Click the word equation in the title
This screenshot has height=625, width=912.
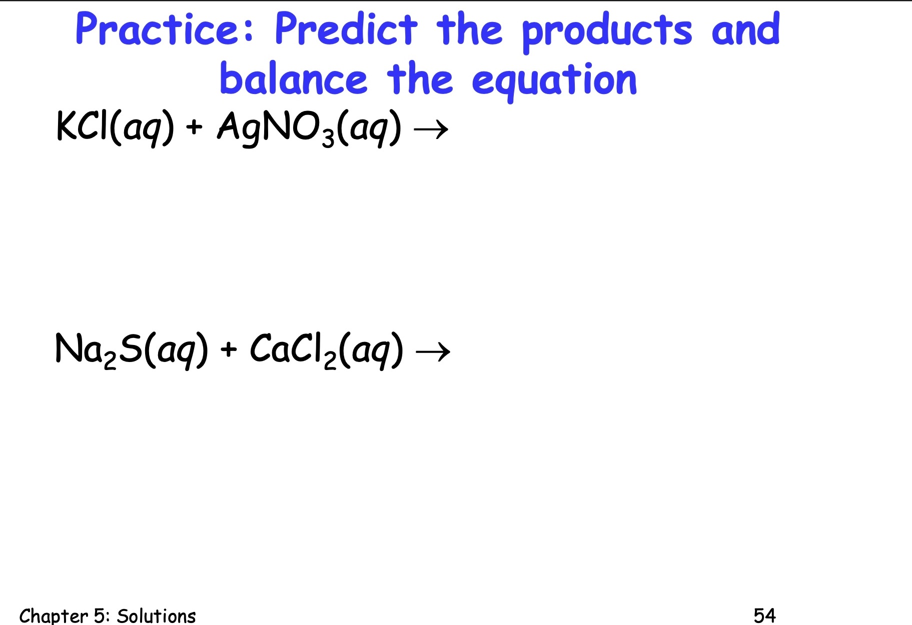(554, 81)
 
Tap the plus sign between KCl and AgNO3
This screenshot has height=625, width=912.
(194, 127)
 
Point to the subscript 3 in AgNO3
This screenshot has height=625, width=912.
(328, 138)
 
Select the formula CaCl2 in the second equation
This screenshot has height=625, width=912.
(293, 350)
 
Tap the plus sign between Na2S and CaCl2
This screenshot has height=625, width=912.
(228, 349)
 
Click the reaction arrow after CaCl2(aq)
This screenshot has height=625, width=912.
(433, 352)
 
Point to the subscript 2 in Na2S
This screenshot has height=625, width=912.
(110, 360)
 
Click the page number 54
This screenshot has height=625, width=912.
(764, 615)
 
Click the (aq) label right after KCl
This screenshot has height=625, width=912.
(142, 127)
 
